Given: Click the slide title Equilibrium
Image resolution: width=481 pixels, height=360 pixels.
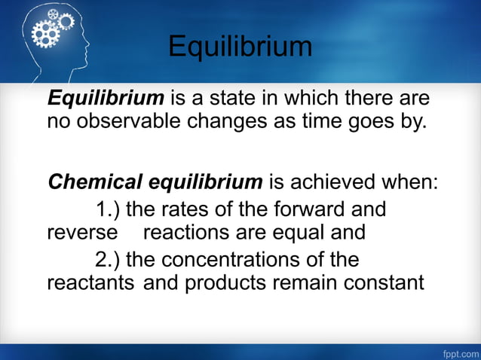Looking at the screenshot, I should [240, 47].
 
